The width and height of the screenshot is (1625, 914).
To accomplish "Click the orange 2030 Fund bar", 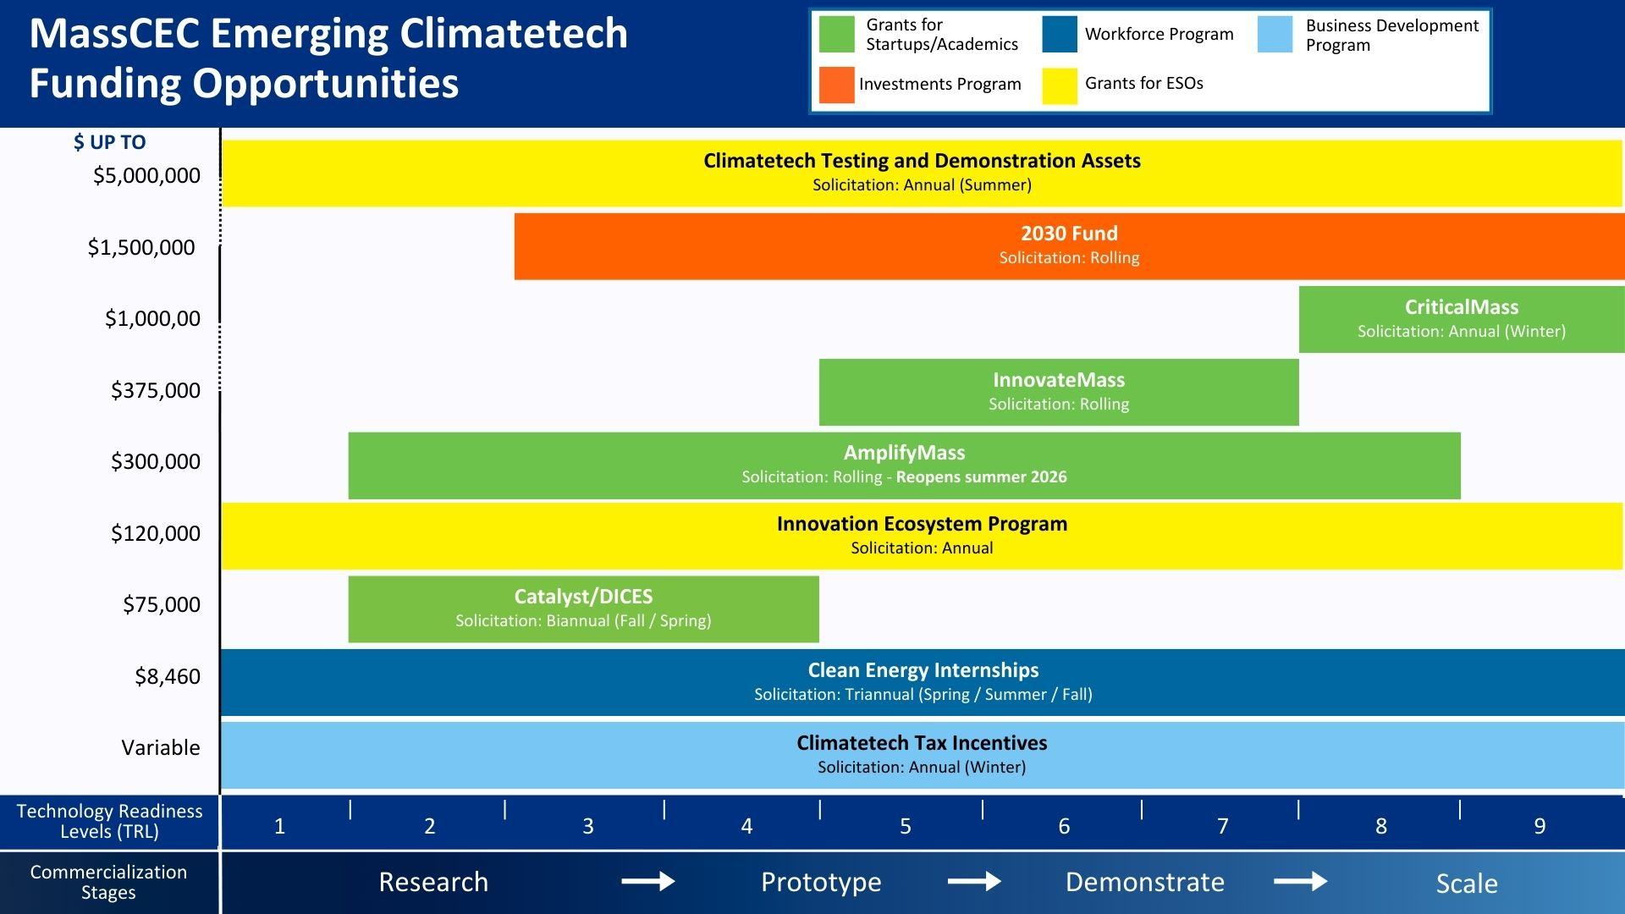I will pyautogui.click(x=1069, y=245).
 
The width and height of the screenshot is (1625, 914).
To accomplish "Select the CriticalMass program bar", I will pyautogui.click(x=1462, y=319).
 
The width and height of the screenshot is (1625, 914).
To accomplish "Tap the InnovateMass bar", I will pyautogui.click(x=1059, y=392).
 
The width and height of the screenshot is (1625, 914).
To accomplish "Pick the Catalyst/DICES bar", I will pyautogui.click(x=583, y=608).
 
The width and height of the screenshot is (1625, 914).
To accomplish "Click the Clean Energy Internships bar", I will pyautogui.click(x=923, y=682).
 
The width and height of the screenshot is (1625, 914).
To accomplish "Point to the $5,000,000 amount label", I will pyautogui.click(x=146, y=175).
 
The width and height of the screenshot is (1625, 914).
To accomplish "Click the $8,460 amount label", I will pyautogui.click(x=168, y=676).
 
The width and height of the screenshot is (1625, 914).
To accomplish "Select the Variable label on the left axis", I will pyautogui.click(x=161, y=747).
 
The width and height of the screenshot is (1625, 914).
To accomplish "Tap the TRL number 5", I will pyautogui.click(x=906, y=826).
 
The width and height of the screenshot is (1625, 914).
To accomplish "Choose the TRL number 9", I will pyautogui.click(x=1540, y=826).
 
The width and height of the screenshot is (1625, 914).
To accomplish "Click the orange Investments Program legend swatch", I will pyautogui.click(x=836, y=85).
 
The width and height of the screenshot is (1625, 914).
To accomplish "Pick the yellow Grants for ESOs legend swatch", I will pyautogui.click(x=1059, y=85).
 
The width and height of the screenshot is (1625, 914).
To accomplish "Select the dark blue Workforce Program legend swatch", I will pyautogui.click(x=1059, y=35).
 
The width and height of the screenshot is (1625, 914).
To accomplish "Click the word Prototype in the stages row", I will pyautogui.click(x=821, y=882).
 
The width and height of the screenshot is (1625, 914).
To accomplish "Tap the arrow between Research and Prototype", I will pyautogui.click(x=647, y=882).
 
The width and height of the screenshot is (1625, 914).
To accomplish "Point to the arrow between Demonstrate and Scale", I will pyautogui.click(x=1300, y=882).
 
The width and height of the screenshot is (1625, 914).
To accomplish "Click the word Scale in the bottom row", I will pyautogui.click(x=1467, y=884).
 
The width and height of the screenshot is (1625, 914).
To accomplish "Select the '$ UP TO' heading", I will pyautogui.click(x=109, y=142).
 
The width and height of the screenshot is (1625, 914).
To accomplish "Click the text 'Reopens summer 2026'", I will pyautogui.click(x=981, y=476).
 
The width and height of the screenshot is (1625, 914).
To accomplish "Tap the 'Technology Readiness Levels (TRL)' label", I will pyautogui.click(x=109, y=821).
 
